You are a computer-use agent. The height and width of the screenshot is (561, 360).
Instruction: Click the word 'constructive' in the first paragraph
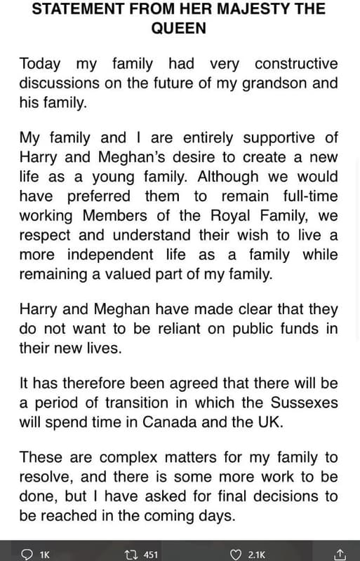tap(296, 64)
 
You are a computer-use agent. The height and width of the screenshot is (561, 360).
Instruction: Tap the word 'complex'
tap(130, 458)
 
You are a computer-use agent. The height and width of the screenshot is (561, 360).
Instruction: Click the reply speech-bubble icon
tap(27, 554)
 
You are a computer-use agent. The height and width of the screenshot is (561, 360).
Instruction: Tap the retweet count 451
tap(150, 555)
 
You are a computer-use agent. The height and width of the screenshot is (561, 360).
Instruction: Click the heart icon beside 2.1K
tap(234, 554)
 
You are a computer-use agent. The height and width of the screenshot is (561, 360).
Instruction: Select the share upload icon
tap(340, 554)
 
